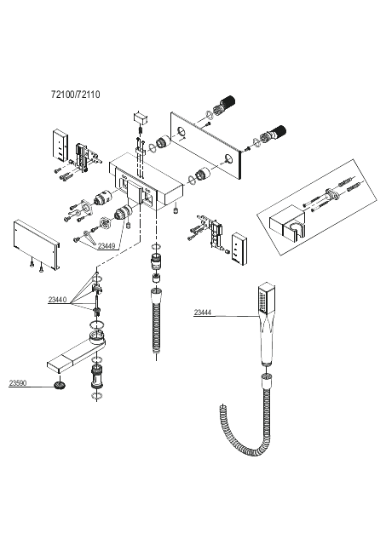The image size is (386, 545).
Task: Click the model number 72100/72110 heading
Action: tap(76, 95)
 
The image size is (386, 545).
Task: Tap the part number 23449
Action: tap(106, 246)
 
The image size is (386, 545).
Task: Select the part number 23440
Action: tap(57, 300)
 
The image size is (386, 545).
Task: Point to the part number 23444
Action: tap(203, 313)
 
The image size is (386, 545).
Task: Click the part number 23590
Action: tap(18, 383)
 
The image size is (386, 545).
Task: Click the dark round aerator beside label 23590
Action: tap(60, 385)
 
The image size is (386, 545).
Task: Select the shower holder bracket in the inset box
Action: tap(287, 224)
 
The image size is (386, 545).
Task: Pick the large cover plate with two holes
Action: tap(205, 146)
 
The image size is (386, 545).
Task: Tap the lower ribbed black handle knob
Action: tap(277, 132)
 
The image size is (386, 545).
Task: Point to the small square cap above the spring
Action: tap(141, 118)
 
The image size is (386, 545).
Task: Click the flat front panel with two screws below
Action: tap(37, 244)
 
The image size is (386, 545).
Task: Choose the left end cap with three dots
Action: tap(60, 146)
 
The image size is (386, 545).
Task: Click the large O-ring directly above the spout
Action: tap(96, 325)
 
